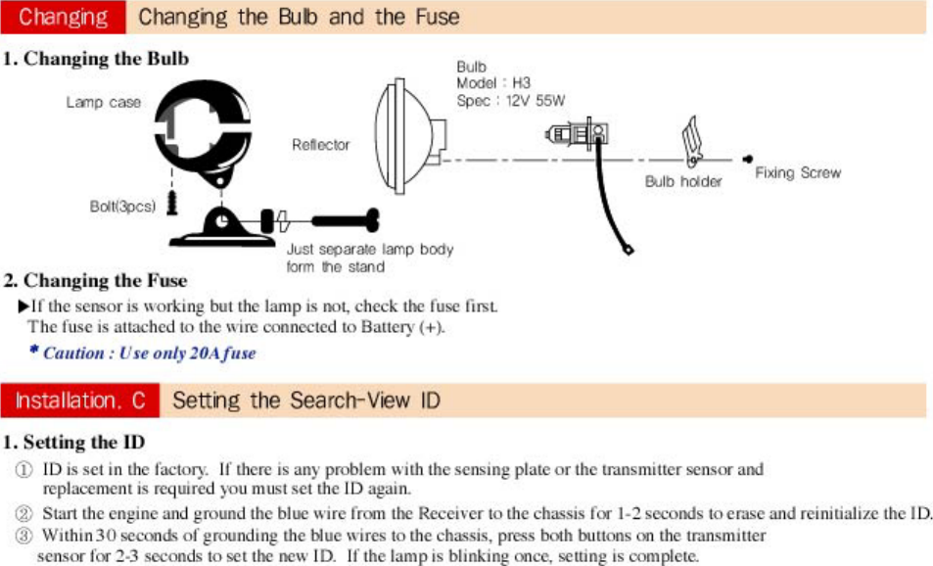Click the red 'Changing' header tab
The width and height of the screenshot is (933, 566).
tap(64, 17)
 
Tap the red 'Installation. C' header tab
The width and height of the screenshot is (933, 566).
tap(81, 401)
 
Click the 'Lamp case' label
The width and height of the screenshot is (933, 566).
tap(104, 102)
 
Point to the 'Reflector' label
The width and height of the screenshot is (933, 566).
tap(320, 145)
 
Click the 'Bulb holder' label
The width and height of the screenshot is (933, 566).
tap(683, 181)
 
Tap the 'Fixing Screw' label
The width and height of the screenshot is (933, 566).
tap(798, 172)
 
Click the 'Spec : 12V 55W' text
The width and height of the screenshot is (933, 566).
tap(511, 101)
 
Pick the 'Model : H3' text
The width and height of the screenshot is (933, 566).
tap(493, 84)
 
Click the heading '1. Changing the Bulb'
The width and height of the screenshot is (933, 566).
tap(96, 59)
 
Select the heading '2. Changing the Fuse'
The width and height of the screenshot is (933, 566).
tap(96, 281)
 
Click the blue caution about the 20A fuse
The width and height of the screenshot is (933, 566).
tap(143, 353)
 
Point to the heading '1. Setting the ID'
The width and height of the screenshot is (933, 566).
tap(74, 443)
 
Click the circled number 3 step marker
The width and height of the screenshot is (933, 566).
tap(25, 537)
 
